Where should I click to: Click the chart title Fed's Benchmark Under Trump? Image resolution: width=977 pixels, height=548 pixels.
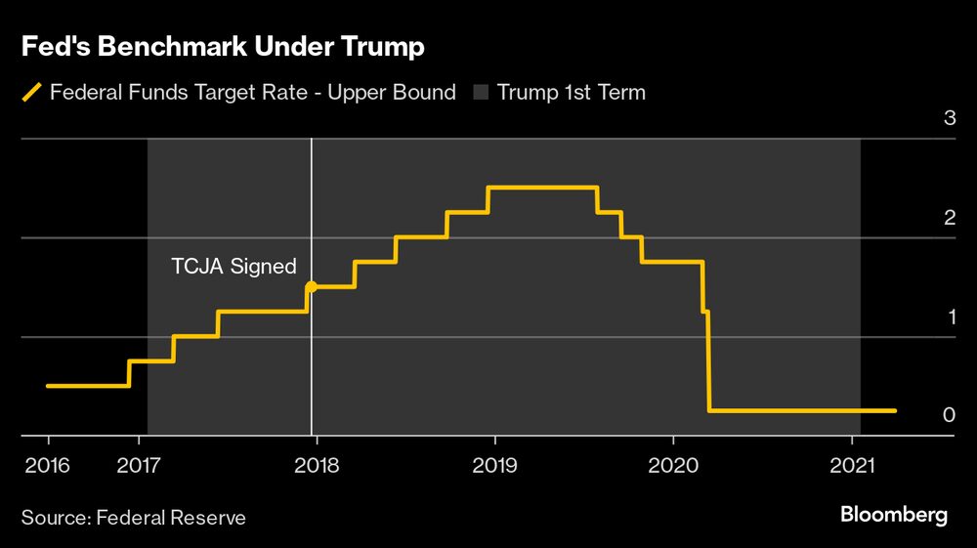222,46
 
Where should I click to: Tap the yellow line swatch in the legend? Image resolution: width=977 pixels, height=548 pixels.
33,93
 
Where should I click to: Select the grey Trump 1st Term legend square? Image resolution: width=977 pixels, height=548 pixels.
481,93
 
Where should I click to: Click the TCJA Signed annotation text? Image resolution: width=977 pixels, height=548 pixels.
234,267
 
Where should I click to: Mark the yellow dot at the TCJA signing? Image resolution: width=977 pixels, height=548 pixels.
312,287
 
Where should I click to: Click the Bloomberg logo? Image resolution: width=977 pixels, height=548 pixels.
894,515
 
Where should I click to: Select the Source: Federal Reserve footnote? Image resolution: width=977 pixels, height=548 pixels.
134,517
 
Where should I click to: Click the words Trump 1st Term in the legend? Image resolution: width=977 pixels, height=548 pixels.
571,93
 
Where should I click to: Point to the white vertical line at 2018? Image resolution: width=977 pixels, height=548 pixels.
312,371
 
